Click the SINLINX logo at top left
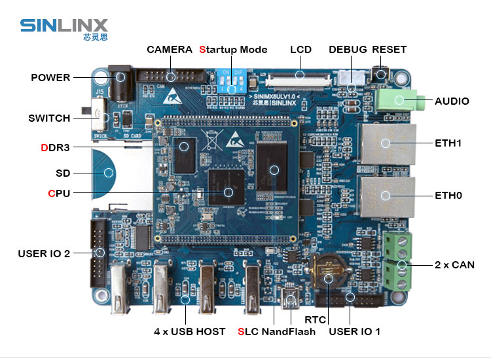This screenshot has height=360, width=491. [64, 28]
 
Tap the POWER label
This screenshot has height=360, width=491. [50, 77]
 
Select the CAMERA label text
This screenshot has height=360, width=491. [169, 50]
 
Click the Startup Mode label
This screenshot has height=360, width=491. [233, 50]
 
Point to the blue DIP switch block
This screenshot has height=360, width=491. [232, 82]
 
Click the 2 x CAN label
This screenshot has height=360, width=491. [454, 265]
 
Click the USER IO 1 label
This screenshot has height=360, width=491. [354, 331]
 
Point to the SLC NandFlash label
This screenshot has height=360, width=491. [276, 331]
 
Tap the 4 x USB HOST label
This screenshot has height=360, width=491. [189, 331]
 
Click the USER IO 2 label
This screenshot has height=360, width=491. [44, 253]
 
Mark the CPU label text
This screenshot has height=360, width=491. [58, 193]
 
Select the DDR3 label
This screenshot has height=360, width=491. [55, 147]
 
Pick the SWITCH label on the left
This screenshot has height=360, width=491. [49, 118]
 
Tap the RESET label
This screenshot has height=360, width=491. [389, 50]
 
